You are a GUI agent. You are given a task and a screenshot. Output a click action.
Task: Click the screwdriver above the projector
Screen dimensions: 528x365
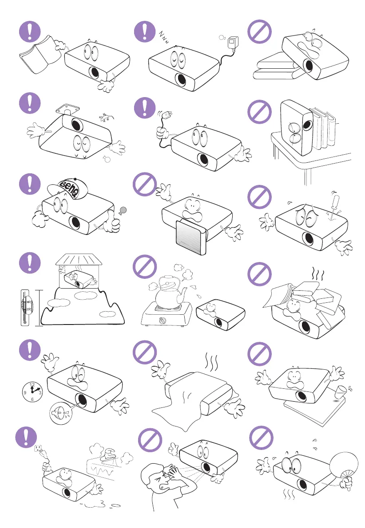[x=331, y=204]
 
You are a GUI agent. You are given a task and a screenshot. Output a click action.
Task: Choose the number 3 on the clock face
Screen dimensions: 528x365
[x=40, y=392]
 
